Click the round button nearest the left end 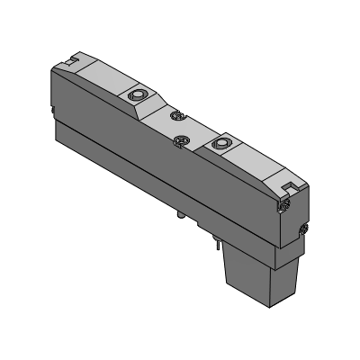138,94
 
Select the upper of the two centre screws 176,117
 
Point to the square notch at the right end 289,186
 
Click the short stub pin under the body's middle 182,217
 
